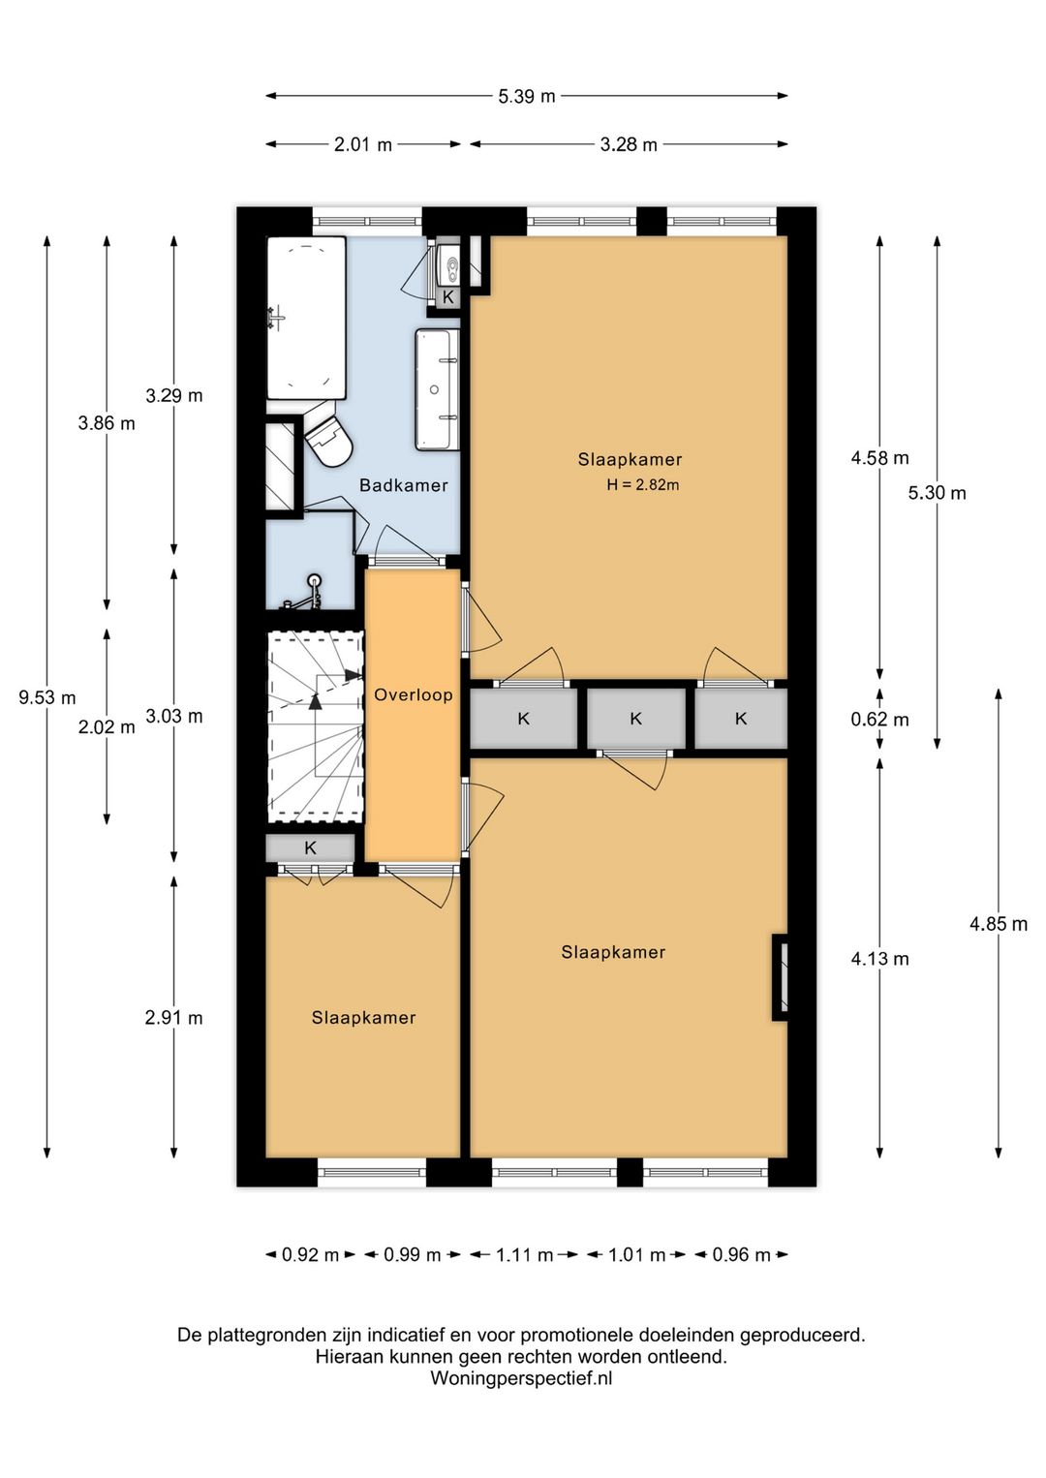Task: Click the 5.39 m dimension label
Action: [x=526, y=96]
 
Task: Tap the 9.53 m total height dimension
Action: [x=46, y=697]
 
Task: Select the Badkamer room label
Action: [x=403, y=485]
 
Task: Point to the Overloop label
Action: [x=414, y=694]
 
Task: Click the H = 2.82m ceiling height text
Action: [x=643, y=485]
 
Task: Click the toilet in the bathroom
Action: [x=328, y=435]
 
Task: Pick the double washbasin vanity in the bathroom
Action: [x=437, y=389]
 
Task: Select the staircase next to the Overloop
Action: [x=316, y=725]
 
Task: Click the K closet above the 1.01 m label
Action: [x=636, y=719]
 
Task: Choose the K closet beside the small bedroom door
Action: [x=310, y=847]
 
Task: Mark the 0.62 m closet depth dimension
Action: [x=879, y=720]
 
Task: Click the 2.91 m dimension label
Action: [x=173, y=1018]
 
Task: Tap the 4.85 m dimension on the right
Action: [x=999, y=924]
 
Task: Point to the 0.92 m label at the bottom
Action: [x=310, y=1254]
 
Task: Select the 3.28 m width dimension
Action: [x=629, y=144]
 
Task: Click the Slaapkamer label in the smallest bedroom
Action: [x=363, y=1017]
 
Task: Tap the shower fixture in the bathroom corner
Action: [x=309, y=591]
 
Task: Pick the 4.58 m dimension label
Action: [x=879, y=458]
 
